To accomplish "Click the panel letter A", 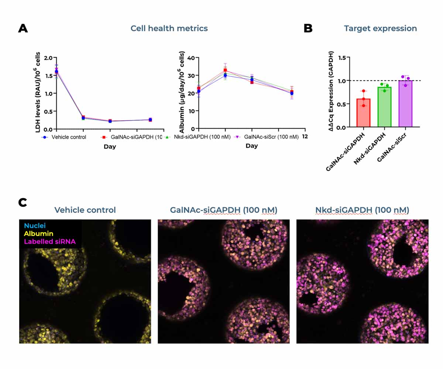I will (x=23, y=28).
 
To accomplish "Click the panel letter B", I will (x=308, y=28).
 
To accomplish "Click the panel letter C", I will (x=23, y=203).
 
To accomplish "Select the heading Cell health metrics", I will (x=169, y=28).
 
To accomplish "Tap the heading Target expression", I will (x=380, y=28).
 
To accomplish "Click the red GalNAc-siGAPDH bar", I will (x=364, y=113).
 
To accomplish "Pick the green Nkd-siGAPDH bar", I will (x=385, y=107).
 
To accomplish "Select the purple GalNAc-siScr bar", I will (x=406, y=104).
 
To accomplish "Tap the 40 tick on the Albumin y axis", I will (x=191, y=58).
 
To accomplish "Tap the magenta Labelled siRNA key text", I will (x=50, y=242).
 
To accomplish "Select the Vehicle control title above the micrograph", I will (x=85, y=210).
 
